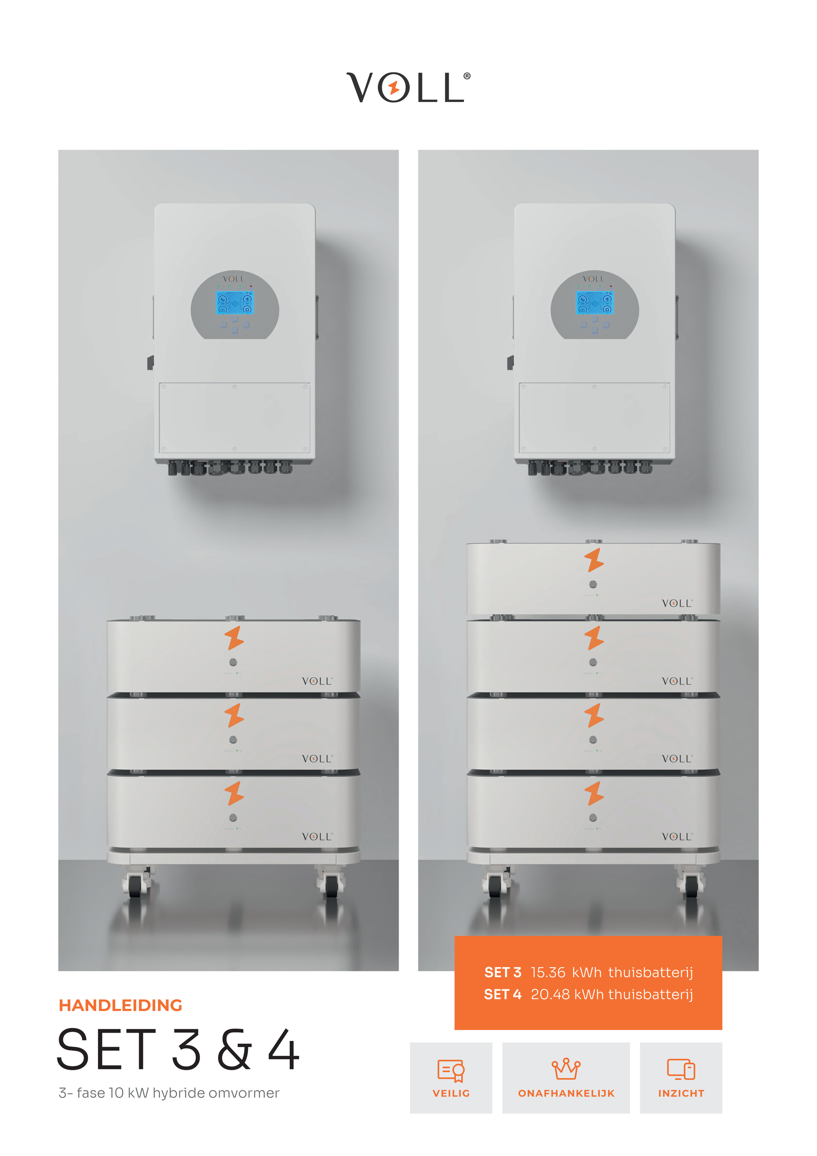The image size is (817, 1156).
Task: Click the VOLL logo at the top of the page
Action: point(408,87)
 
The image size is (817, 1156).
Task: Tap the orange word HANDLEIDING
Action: point(121,1005)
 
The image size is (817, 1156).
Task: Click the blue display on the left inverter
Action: point(235,303)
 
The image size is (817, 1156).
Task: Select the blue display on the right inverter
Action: point(594,303)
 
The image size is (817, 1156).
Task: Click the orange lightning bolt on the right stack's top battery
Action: point(594,560)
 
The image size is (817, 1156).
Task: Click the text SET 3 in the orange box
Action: point(502,972)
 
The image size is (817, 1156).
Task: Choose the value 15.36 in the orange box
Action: point(548,972)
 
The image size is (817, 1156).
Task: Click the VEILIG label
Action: point(451,1093)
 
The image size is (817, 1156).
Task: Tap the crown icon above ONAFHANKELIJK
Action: point(566,1068)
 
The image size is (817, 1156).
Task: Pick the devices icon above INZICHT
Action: point(681,1069)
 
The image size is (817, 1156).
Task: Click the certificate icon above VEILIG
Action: point(451,1070)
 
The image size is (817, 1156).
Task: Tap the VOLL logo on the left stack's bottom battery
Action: point(317,836)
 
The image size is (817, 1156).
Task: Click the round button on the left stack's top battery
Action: point(233,662)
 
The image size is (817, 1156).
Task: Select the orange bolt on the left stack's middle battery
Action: point(234,715)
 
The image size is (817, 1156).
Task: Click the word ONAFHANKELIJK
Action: point(566,1093)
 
